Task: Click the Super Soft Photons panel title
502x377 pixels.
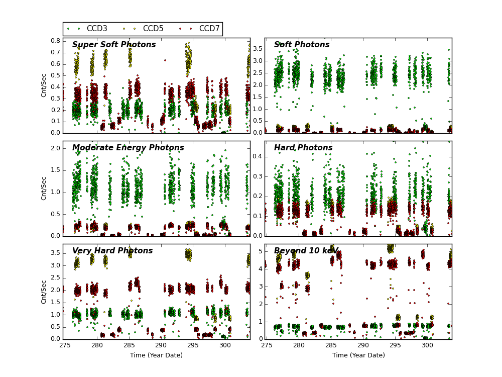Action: coord(114,45)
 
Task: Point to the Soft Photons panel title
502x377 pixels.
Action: coord(302,45)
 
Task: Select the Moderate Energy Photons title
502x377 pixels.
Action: coord(128,148)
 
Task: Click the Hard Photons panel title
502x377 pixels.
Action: coord(303,148)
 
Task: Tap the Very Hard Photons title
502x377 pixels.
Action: coord(112,251)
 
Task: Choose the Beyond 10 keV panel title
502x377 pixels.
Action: coord(306,251)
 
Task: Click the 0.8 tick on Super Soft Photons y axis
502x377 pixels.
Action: coord(55,41)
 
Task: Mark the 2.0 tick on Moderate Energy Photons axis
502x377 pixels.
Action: coord(55,148)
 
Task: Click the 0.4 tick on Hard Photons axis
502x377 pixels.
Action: coord(257,156)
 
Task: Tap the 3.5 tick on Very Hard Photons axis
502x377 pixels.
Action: coord(55,253)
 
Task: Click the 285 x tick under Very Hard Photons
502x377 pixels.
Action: coord(129,346)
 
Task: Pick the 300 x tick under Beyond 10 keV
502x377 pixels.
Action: coord(427,346)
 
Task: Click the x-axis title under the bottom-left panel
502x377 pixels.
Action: coord(157,355)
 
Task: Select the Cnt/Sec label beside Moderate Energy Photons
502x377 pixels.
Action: coord(44,188)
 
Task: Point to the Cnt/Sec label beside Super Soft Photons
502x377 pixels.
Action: coord(44,85)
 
